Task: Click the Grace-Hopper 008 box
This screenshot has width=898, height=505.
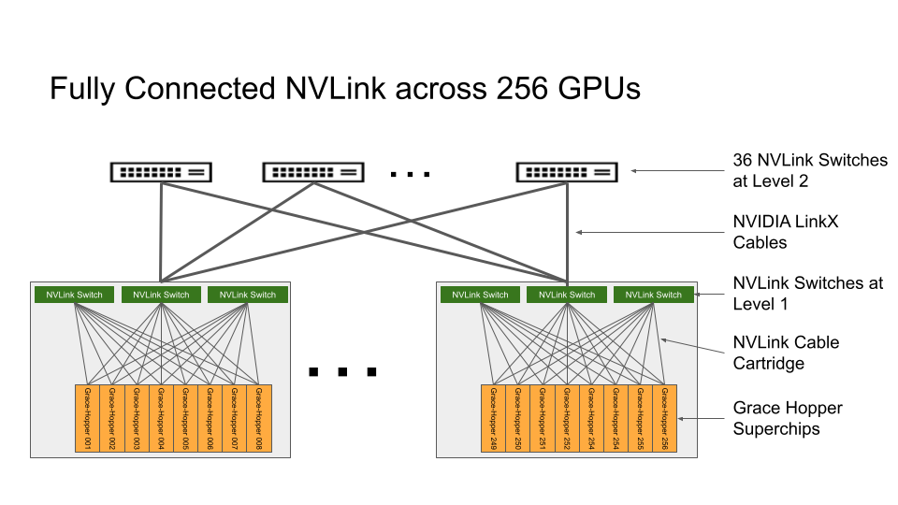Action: click(259, 419)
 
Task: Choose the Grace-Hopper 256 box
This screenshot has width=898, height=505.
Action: click(664, 419)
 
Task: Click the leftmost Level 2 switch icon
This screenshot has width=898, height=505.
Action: click(161, 172)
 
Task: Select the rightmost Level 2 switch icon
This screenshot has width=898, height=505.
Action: click(567, 172)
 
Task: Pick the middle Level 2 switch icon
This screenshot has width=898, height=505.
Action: click(313, 172)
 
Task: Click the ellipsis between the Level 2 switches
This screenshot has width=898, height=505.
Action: click(410, 174)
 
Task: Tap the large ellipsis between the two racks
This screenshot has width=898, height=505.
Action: click(342, 371)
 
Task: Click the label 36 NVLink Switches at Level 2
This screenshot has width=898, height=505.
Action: click(809, 170)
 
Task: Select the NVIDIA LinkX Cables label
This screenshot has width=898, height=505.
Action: click(781, 233)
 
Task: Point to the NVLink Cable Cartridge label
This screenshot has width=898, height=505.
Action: click(786, 353)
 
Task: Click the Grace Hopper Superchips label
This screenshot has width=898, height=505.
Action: click(788, 418)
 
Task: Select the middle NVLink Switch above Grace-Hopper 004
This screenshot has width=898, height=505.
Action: click(161, 295)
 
